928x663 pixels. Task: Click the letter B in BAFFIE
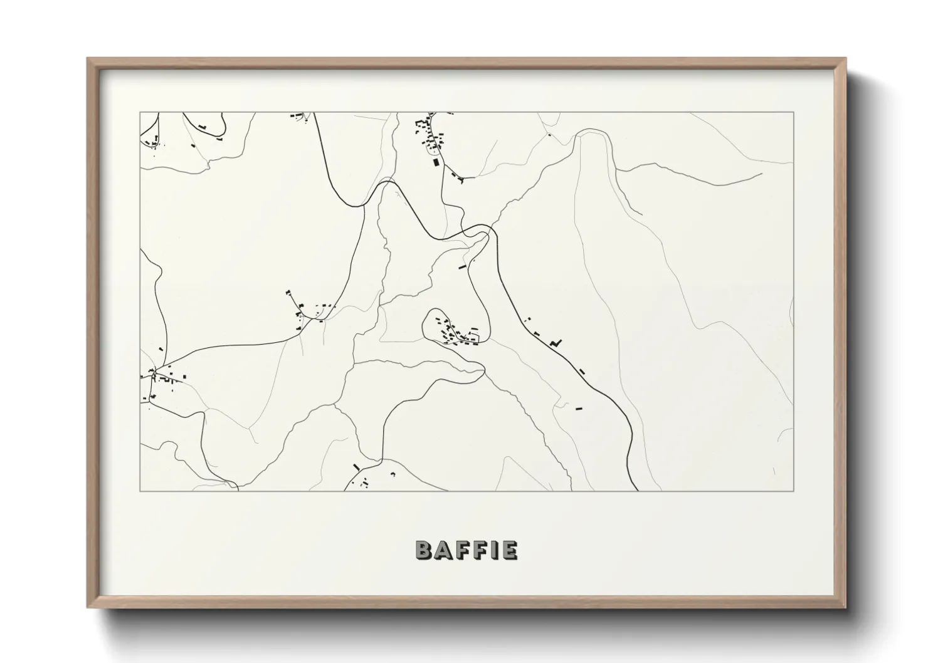pos(424,550)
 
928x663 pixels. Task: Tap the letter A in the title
pos(444,550)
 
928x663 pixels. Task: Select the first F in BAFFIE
pos(464,550)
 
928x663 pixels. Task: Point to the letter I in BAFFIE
pos(496,550)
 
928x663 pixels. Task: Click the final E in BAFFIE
pos(509,550)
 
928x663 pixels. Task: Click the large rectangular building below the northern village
pos(436,162)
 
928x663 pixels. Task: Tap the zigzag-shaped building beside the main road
pos(555,342)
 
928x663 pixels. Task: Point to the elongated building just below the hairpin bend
pos(463,267)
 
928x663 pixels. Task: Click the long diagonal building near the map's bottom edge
pos(356,467)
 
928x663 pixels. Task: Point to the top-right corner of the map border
pos(793,112)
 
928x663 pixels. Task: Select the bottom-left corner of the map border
pos(140,491)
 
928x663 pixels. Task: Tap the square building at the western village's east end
pos(184,377)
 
